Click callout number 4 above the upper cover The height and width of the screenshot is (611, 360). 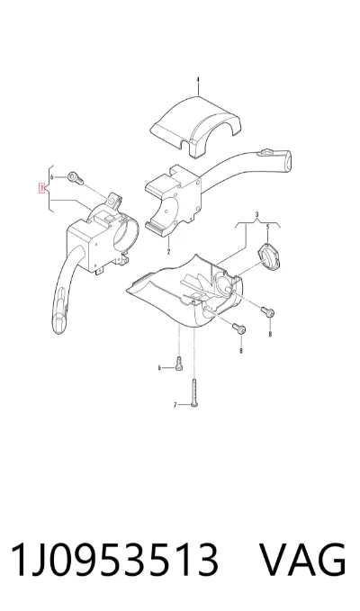click(197, 80)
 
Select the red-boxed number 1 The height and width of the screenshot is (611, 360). click(41, 189)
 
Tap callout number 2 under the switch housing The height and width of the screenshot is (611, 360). click(168, 252)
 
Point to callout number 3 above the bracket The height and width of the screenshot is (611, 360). click(257, 214)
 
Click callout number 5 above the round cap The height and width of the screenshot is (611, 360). click(267, 227)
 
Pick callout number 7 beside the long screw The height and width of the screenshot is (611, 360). click(175, 405)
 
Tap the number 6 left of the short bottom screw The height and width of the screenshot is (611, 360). click(159, 367)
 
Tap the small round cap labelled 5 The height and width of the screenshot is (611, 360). click(269, 256)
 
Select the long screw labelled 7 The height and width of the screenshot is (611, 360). click(194, 392)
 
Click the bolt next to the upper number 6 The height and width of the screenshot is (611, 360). click(76, 178)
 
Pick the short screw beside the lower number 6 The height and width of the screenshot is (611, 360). click(179, 364)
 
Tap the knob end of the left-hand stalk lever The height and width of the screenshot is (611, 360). click(60, 317)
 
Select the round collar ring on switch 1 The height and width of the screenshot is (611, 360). click(125, 235)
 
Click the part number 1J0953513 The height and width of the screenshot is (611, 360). click(114, 560)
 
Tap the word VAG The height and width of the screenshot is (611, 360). click(302, 560)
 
